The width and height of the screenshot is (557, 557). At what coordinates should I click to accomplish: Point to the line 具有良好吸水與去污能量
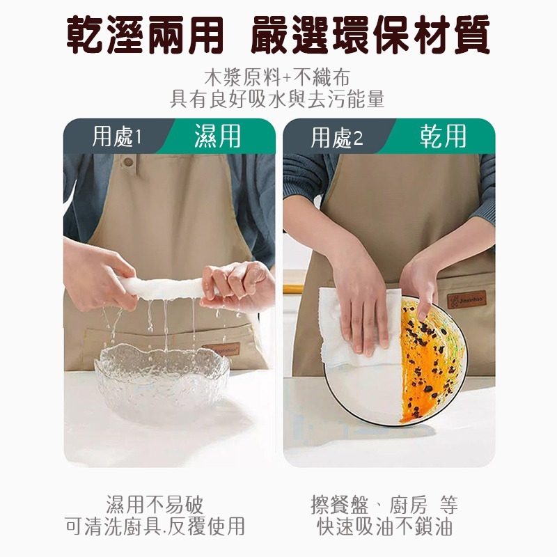(277, 99)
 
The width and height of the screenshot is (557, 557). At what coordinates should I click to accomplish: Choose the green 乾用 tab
(443, 136)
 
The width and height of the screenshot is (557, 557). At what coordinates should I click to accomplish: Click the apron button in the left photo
(128, 162)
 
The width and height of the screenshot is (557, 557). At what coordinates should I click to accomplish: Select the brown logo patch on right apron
(466, 300)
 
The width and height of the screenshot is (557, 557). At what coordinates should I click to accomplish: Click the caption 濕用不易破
(155, 504)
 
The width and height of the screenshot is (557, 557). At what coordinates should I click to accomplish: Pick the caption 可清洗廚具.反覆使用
(155, 526)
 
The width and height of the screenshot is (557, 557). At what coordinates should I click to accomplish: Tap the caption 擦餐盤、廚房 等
(384, 504)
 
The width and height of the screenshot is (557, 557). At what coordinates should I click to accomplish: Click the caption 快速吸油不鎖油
(384, 526)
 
